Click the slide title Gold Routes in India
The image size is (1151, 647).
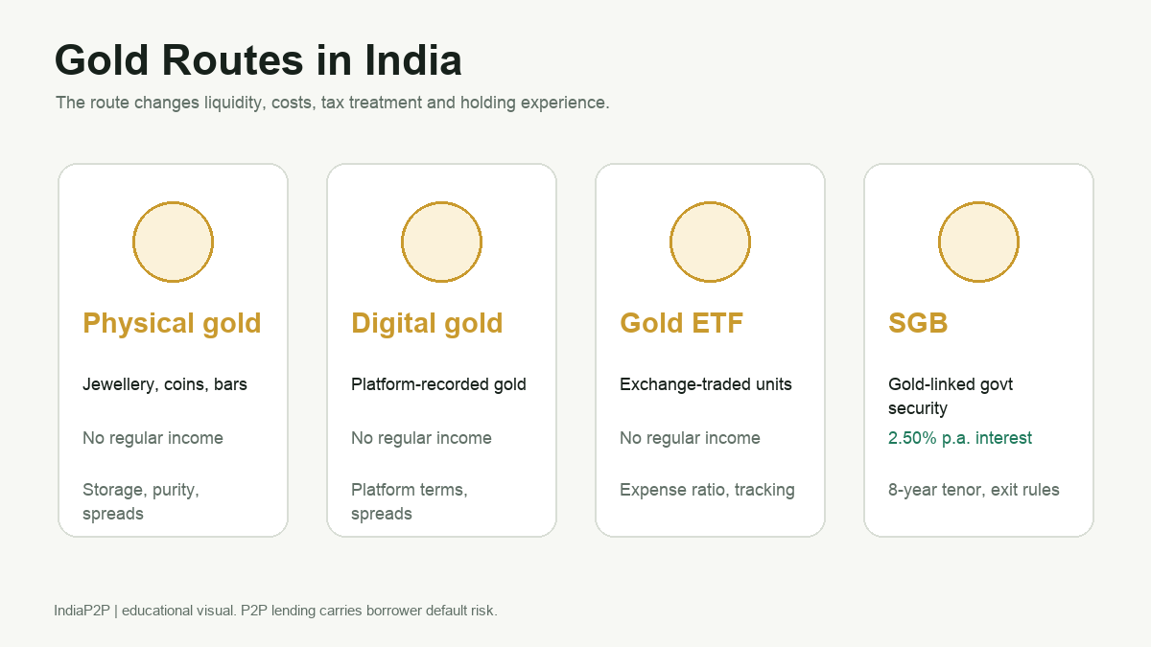(258, 60)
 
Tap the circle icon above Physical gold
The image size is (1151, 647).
(174, 242)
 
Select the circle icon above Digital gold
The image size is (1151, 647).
(441, 242)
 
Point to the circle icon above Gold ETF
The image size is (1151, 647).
(710, 242)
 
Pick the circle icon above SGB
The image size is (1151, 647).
(979, 242)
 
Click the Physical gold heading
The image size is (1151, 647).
(172, 324)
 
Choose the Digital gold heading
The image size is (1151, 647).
(427, 324)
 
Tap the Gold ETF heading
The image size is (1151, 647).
(681, 323)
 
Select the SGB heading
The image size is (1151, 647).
(918, 323)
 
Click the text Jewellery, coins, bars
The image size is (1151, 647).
(165, 384)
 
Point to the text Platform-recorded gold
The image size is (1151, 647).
(439, 384)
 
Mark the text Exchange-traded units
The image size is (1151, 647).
(706, 384)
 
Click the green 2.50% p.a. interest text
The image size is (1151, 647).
(960, 438)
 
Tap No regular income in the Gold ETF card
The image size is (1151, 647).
(690, 438)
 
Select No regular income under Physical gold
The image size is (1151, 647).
(153, 438)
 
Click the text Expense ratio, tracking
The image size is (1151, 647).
(708, 490)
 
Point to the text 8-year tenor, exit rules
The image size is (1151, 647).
(974, 490)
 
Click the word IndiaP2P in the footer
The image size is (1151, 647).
(82, 611)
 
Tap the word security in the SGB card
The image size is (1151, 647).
(918, 409)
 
